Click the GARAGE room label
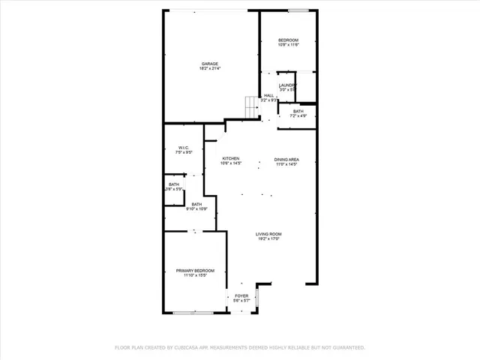click(209, 63)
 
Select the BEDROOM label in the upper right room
click(288, 40)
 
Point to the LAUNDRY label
click(288, 85)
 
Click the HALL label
click(268, 95)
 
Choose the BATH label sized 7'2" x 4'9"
click(298, 111)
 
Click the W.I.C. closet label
click(184, 147)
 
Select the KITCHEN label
click(230, 158)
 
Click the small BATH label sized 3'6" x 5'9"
click(173, 184)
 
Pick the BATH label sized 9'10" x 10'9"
click(196, 204)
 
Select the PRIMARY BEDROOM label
click(195, 270)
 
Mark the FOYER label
click(241, 295)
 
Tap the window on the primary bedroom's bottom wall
click(195, 313)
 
